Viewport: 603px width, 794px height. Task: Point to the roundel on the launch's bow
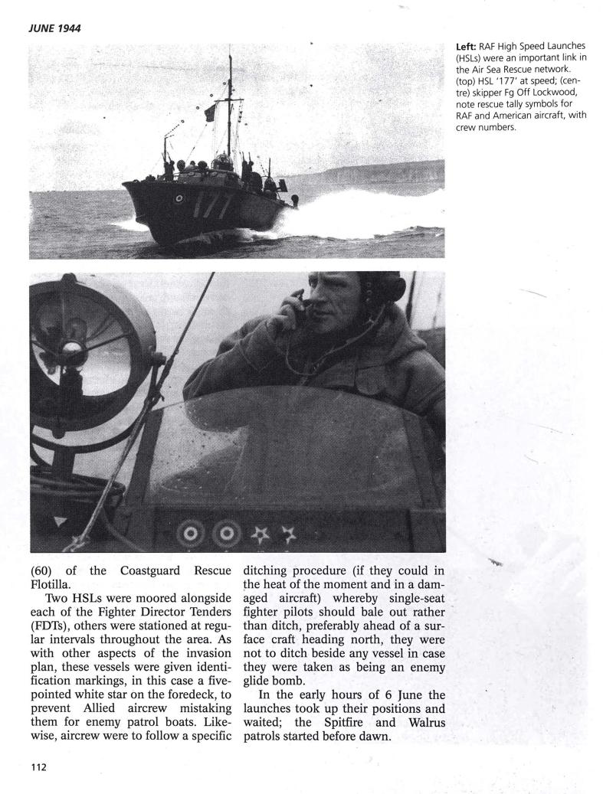(x=179, y=198)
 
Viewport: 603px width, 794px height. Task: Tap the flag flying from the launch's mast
(x=210, y=113)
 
